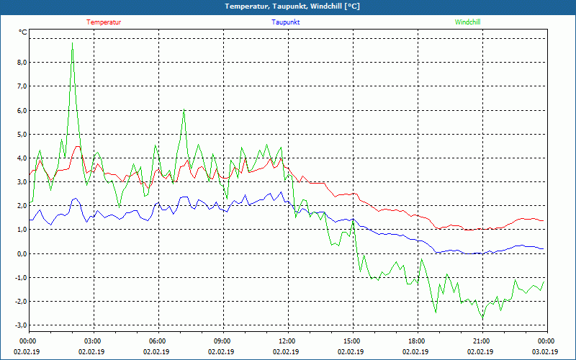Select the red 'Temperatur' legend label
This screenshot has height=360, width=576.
pos(104,22)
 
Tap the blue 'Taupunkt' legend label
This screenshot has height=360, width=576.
pos(286,22)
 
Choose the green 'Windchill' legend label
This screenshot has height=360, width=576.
pos(467,22)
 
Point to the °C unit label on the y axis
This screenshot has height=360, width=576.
pos(23,32)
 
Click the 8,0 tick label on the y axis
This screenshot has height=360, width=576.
pos(21,63)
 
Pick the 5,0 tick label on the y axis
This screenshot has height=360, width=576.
pos(21,135)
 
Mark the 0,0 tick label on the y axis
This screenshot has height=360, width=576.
pos(21,254)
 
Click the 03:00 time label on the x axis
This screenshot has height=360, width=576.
pos(93,341)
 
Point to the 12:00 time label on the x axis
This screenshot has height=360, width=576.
pos(287,341)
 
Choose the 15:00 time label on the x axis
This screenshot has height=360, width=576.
pos(351,341)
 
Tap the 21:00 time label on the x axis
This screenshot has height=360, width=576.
pos(481,341)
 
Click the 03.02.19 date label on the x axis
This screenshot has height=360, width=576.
pos(545,352)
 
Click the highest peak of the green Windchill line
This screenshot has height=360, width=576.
pos(72,42)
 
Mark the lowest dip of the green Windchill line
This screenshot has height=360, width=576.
pos(482,318)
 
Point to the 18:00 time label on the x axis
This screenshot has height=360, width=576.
pos(416,341)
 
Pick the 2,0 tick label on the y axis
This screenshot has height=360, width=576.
pos(21,206)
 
